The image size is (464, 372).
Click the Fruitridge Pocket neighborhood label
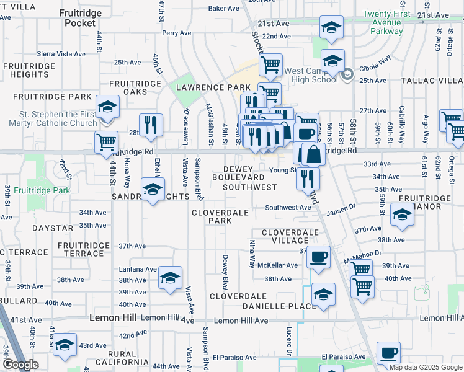(x=79, y=17)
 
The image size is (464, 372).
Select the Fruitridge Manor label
(x=424, y=203)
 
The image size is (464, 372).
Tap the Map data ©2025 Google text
(x=426, y=367)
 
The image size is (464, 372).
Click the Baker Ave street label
(x=223, y=9)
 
